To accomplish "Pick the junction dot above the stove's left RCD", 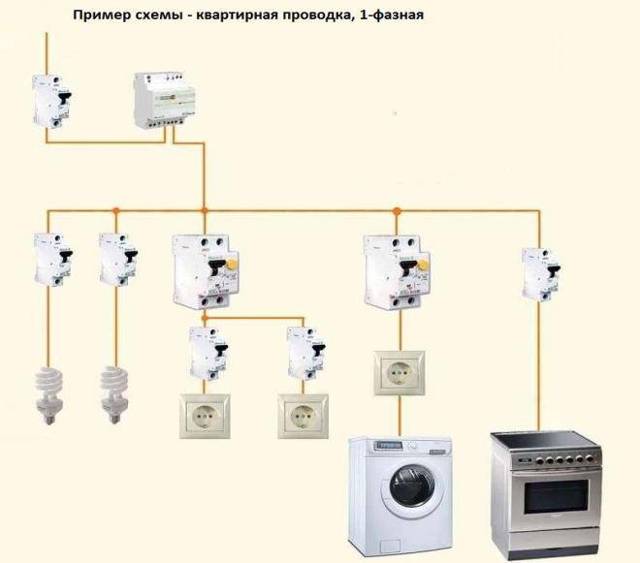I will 396,209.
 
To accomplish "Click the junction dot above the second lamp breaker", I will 114,209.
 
